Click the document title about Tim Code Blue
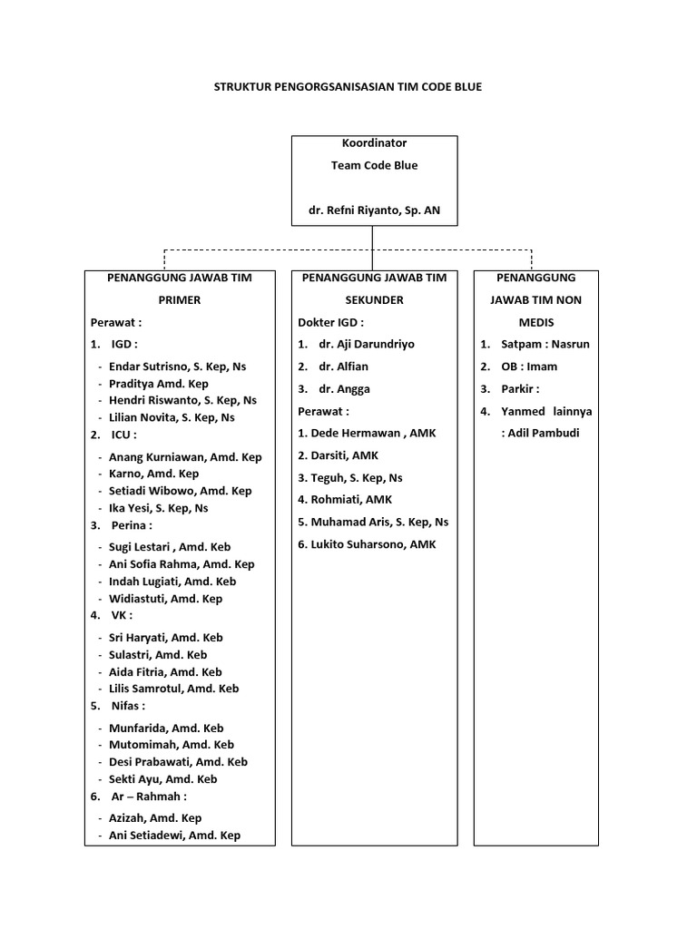(x=348, y=87)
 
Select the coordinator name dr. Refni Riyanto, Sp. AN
(x=374, y=210)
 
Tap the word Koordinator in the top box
(x=374, y=143)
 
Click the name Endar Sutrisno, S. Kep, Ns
(x=177, y=367)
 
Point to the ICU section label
(x=123, y=435)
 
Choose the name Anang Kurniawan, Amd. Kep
(x=185, y=457)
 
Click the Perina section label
(x=132, y=524)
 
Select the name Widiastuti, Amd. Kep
(x=165, y=599)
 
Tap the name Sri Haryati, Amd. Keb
(x=165, y=638)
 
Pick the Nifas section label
(x=128, y=705)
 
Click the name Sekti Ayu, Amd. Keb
(x=162, y=779)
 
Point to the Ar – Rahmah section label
(x=149, y=796)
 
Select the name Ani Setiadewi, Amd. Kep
(x=174, y=836)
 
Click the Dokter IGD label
(x=330, y=322)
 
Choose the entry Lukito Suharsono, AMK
(x=367, y=544)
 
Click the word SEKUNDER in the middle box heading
(x=374, y=299)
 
